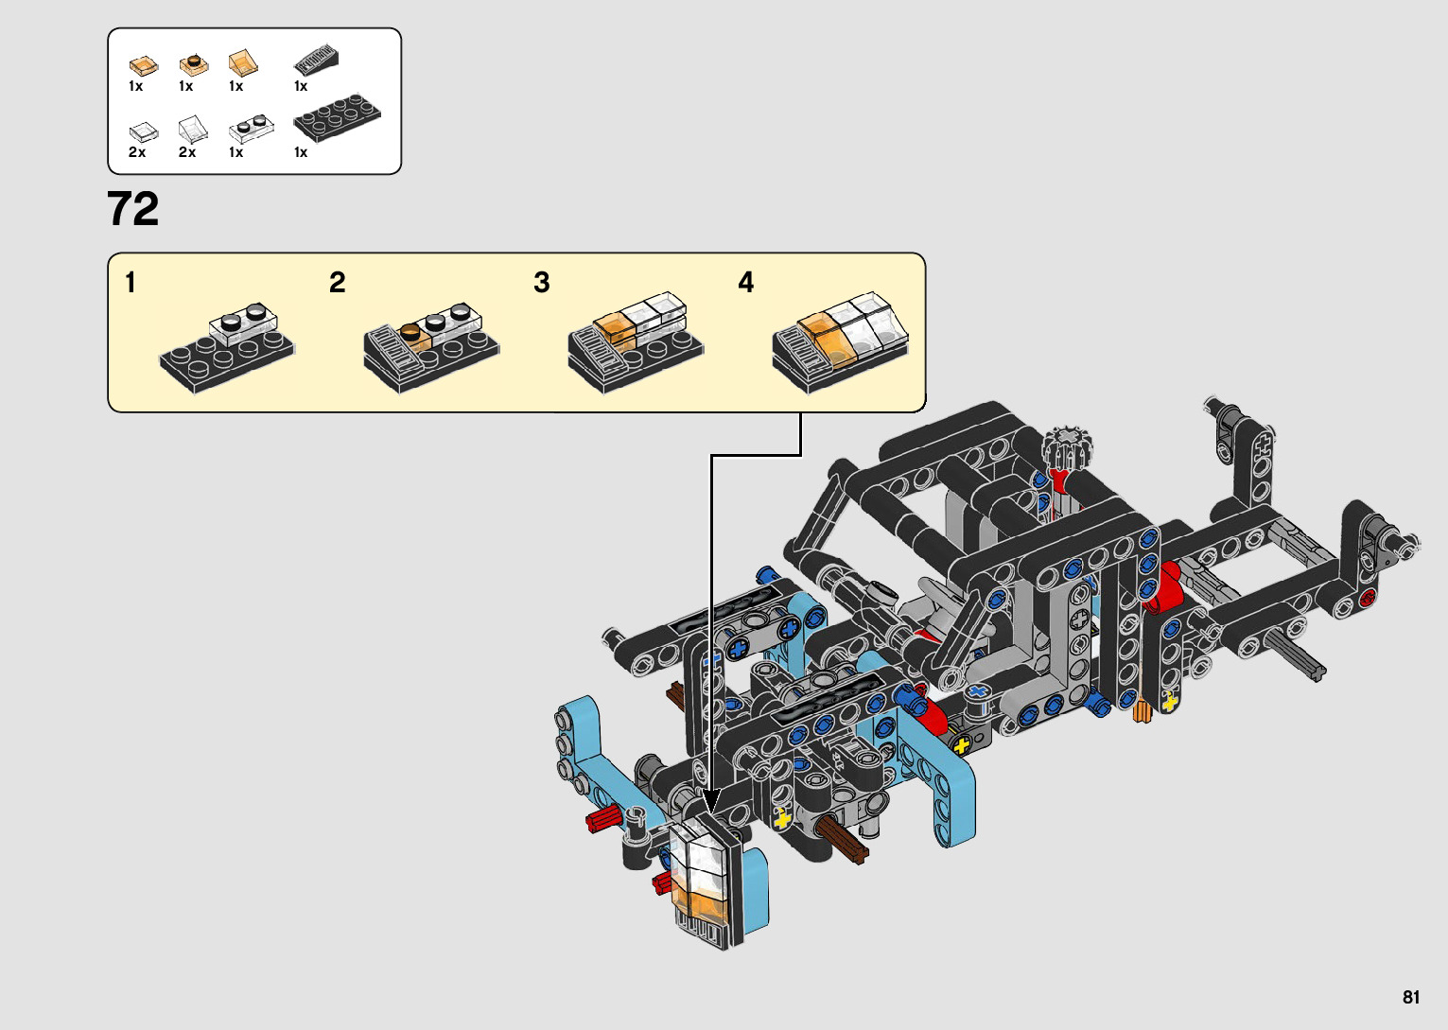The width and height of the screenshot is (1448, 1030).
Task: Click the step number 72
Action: [132, 209]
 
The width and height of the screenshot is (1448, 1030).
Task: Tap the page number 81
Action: [1410, 997]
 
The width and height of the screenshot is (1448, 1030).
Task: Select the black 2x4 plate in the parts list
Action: [337, 116]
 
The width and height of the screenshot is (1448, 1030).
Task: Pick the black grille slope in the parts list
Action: [316, 61]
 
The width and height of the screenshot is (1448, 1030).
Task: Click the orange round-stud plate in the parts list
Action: [193, 64]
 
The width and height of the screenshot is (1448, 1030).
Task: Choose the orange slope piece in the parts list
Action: [243, 62]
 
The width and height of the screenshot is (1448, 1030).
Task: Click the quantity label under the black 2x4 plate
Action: [301, 152]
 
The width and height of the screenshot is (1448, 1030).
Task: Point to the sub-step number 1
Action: [131, 283]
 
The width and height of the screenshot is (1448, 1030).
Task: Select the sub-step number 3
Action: [542, 283]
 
